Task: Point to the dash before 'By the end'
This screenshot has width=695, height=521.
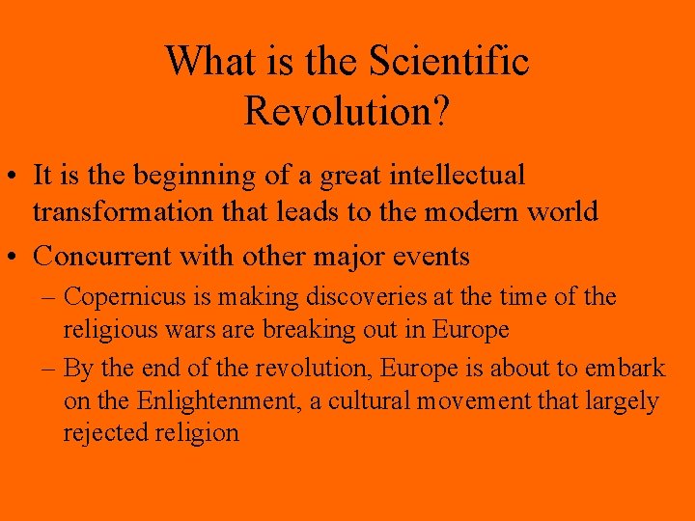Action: (50, 369)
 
